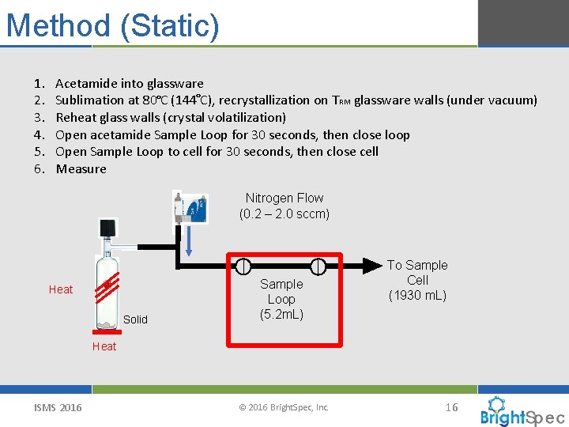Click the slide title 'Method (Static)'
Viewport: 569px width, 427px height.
click(112, 25)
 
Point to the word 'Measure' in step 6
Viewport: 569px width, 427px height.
click(81, 169)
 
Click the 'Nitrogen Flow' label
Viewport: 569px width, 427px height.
click(284, 198)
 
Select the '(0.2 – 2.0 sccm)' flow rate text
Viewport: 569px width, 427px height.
click(284, 214)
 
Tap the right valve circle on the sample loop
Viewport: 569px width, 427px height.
click(318, 266)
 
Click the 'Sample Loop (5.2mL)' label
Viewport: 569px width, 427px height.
click(281, 299)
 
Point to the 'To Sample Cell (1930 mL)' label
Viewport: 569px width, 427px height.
click(417, 280)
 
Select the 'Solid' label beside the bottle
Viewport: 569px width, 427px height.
click(135, 319)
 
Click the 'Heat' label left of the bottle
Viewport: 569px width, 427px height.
click(61, 289)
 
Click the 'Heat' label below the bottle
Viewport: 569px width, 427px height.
click(104, 346)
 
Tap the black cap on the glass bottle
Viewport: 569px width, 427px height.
click(107, 229)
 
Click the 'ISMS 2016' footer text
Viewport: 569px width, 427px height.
click(57, 407)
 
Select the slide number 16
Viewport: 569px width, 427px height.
click(451, 407)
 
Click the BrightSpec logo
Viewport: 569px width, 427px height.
click(522, 411)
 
